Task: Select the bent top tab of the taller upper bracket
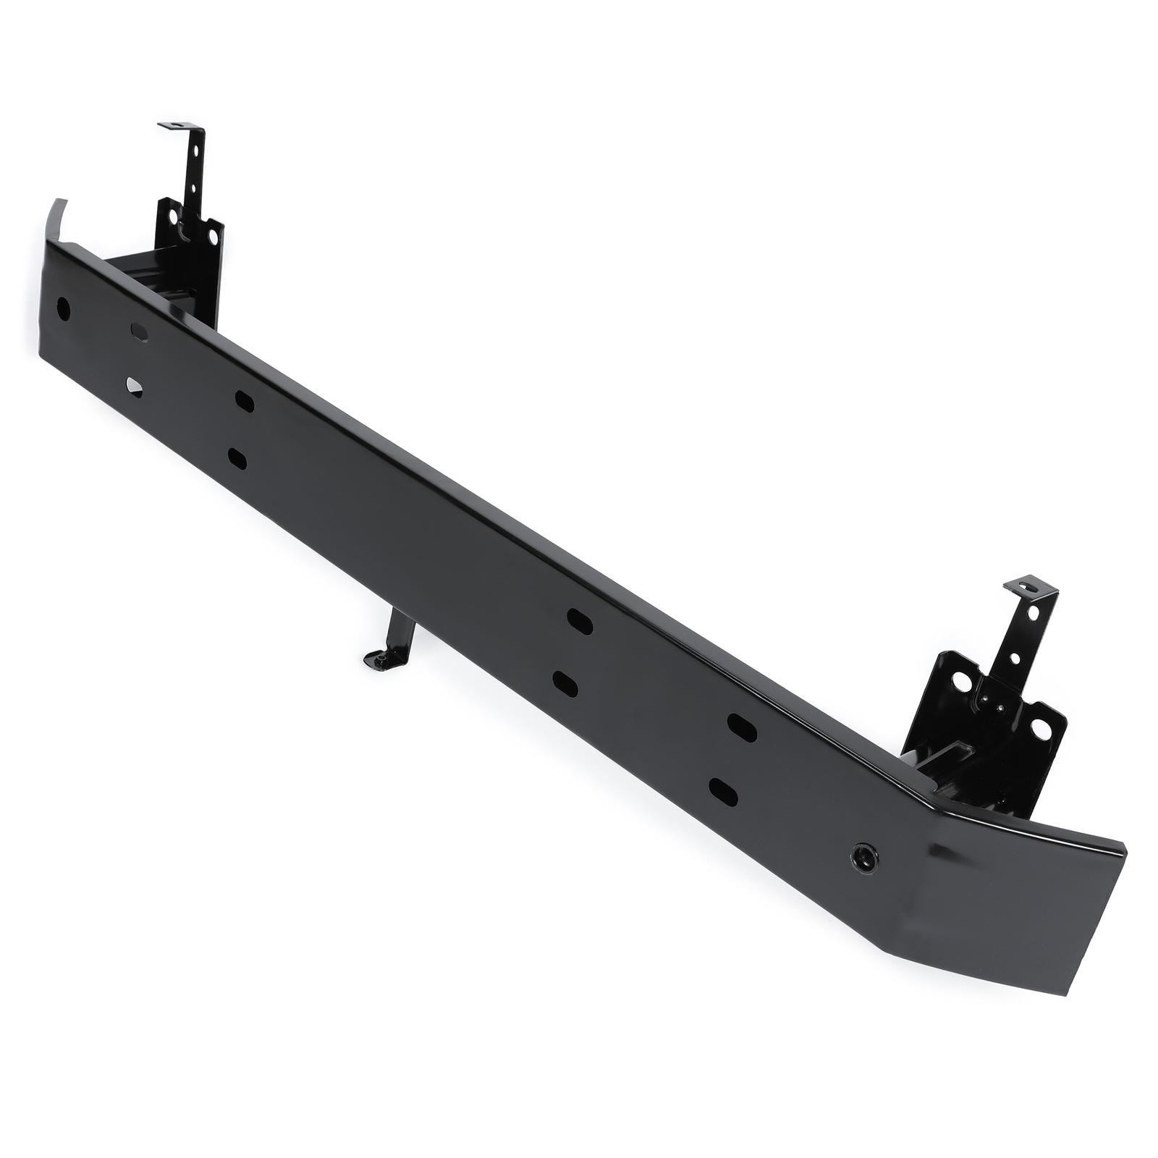pos(174,127)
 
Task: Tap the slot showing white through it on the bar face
pos(135,386)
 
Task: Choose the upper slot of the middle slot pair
pos(580,622)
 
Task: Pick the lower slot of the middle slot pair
pos(565,683)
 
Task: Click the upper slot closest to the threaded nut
pos(742,727)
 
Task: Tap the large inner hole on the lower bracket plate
pos(962,682)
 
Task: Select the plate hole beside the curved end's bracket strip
pos(172,215)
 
